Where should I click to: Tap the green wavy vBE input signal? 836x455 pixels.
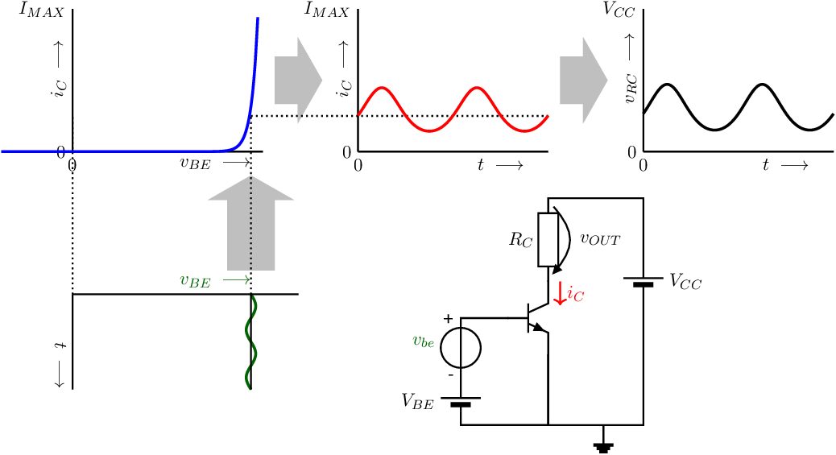(x=247, y=341)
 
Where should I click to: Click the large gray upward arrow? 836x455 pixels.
(x=250, y=224)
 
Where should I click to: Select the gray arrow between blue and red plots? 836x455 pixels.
(x=298, y=80)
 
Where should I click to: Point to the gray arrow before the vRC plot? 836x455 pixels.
(x=583, y=80)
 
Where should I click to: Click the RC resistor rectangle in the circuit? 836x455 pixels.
(x=548, y=239)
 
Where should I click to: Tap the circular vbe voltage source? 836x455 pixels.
(x=461, y=348)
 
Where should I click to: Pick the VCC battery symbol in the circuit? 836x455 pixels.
(x=643, y=282)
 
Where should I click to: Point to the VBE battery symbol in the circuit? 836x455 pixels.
(x=461, y=401)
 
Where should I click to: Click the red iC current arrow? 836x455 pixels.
(x=559, y=293)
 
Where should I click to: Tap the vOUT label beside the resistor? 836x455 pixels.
(x=600, y=239)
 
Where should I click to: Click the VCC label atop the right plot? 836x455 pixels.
(x=619, y=10)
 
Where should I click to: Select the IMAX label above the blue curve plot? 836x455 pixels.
(x=42, y=10)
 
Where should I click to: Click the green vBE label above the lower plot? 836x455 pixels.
(x=195, y=280)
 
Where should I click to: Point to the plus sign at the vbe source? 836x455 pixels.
(x=448, y=319)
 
